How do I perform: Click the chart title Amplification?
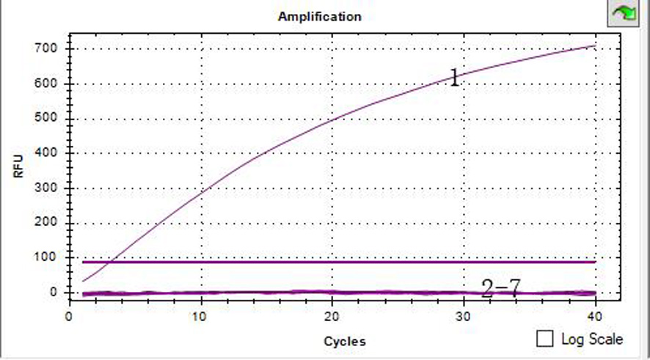[319, 16]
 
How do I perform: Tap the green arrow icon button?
[623, 12]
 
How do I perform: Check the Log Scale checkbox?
[545, 339]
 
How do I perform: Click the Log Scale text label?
[591, 339]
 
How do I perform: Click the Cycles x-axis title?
[344, 341]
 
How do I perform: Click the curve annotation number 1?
[454, 78]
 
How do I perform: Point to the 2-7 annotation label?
[500, 288]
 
